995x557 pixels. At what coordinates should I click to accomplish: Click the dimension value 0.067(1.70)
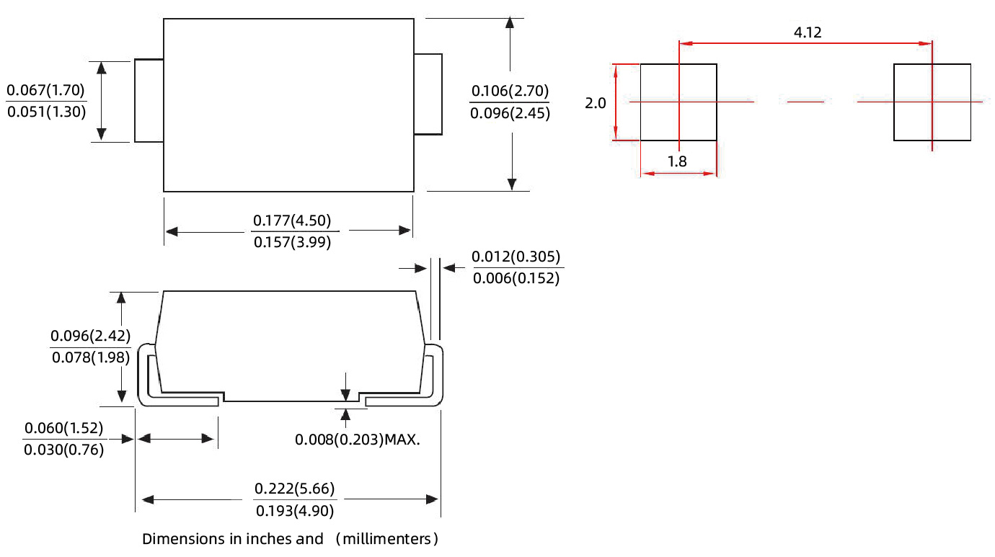point(46,91)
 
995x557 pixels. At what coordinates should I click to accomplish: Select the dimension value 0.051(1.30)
point(46,112)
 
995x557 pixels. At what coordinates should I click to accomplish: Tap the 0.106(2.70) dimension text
point(510,91)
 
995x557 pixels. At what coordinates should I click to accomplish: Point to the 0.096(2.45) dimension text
point(510,113)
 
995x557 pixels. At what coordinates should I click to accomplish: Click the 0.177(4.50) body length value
point(292,220)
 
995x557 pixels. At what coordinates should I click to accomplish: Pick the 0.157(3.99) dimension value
point(292,243)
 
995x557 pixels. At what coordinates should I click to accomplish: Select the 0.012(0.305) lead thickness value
point(516,257)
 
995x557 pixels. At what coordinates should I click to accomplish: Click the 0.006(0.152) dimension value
point(516,278)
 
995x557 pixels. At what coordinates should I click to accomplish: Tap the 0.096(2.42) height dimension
point(90,336)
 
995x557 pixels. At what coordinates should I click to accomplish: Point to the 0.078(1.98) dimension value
point(90,357)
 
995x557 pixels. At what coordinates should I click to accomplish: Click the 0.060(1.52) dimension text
point(64,429)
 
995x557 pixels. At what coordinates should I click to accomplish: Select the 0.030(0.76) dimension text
point(64,450)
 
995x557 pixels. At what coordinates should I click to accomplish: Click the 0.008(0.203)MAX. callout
point(358,439)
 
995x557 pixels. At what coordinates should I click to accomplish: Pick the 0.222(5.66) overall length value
point(295,489)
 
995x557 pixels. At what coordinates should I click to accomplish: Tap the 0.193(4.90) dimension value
point(295,511)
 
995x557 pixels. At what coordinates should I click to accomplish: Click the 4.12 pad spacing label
point(808,32)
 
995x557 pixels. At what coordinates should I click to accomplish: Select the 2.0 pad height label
point(596,103)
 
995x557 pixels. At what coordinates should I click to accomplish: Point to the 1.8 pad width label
point(677,161)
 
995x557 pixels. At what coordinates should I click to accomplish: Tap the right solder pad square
point(932,102)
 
